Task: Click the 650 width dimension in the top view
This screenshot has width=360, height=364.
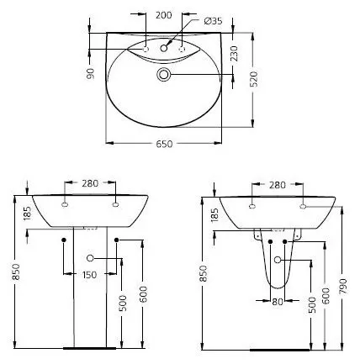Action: click(164, 145)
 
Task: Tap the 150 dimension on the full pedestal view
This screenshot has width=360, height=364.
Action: click(91, 275)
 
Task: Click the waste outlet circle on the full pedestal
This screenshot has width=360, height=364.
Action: click(91, 259)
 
